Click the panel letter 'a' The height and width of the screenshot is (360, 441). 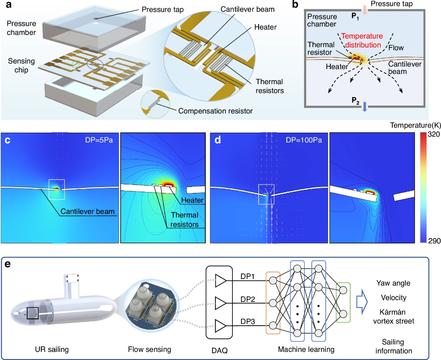click(x=9, y=5)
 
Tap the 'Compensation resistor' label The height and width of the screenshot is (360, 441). click(x=215, y=111)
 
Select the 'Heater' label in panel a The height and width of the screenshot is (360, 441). click(x=265, y=27)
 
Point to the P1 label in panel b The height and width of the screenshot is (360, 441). click(x=355, y=16)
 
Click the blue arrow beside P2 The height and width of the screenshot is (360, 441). click(x=365, y=107)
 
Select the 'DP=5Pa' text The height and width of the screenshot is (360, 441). click(x=99, y=140)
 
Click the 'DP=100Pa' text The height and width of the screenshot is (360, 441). click(x=304, y=140)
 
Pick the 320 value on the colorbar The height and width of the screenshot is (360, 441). click(x=433, y=134)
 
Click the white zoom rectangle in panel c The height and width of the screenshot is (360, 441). click(x=57, y=179)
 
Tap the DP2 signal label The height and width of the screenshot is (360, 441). click(x=248, y=299)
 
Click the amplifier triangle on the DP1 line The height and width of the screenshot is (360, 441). click(x=220, y=281)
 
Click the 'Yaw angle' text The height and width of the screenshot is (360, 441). click(x=393, y=283)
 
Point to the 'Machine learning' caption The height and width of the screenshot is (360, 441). click(x=306, y=349)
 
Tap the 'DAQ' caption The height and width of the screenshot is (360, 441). click(x=219, y=350)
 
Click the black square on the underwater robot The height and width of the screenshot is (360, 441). click(x=33, y=313)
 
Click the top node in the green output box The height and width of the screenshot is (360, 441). click(x=343, y=290)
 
